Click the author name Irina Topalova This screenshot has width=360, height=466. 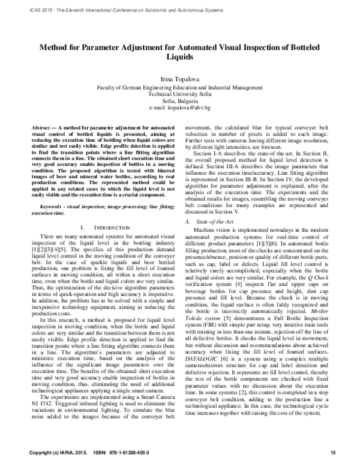[x=180, y=79]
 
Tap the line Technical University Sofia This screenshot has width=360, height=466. [x=180, y=93]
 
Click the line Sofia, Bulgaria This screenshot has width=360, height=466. [x=180, y=100]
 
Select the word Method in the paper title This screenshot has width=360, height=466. [x=57, y=47]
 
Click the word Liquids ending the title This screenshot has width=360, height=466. [x=180, y=59]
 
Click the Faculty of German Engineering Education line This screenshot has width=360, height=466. [x=180, y=86]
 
